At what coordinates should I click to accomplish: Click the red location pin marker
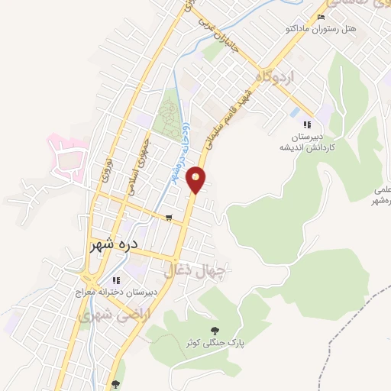click(197, 179)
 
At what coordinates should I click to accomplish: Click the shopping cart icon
click(168, 218)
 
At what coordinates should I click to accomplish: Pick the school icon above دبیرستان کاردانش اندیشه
click(306, 124)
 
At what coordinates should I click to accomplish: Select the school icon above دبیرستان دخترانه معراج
click(116, 280)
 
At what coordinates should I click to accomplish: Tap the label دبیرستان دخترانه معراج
click(116, 292)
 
